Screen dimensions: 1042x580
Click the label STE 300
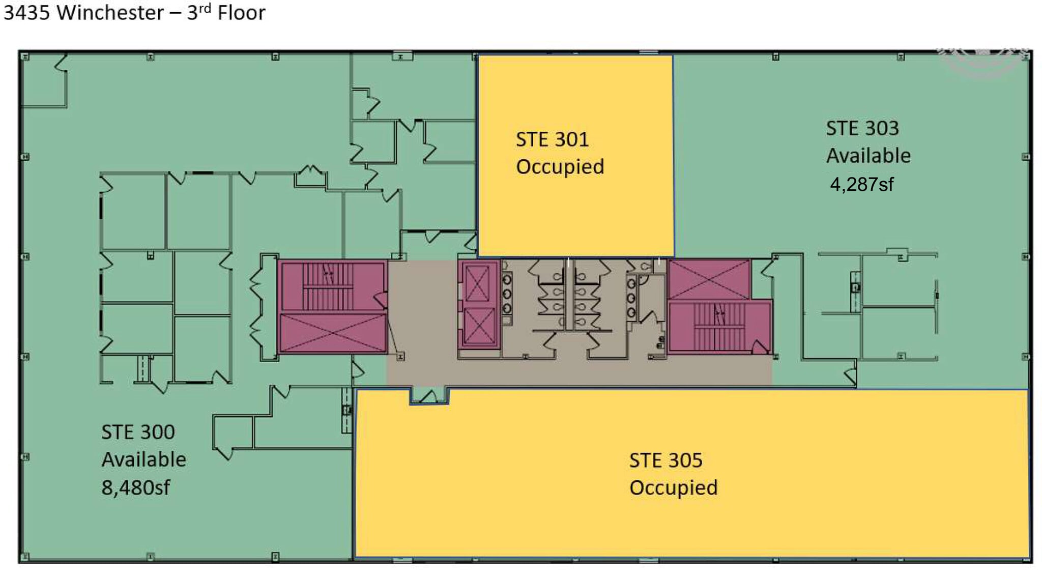tap(138, 432)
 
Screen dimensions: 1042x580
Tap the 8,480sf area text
tap(136, 487)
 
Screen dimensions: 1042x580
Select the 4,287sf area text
tap(861, 184)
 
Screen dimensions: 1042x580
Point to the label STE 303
tap(862, 128)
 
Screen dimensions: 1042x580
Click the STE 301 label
tap(552, 139)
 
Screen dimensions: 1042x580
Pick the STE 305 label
tap(665, 460)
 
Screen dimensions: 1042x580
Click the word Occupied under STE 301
tap(560, 167)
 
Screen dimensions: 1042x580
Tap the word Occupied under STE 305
tap(673, 488)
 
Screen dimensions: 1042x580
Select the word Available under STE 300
tap(143, 459)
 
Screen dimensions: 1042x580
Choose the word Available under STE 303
tap(868, 156)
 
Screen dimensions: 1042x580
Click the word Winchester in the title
tap(110, 13)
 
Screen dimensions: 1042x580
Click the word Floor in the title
tap(241, 13)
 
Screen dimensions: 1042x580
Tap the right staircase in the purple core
tap(719, 326)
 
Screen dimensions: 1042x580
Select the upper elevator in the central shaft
tap(477, 284)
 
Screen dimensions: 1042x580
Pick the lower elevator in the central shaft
tap(477, 326)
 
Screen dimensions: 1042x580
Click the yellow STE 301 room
tap(575, 156)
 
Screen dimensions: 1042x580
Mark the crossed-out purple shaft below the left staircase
tap(333, 332)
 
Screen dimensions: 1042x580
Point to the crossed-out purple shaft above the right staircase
tap(709, 279)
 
